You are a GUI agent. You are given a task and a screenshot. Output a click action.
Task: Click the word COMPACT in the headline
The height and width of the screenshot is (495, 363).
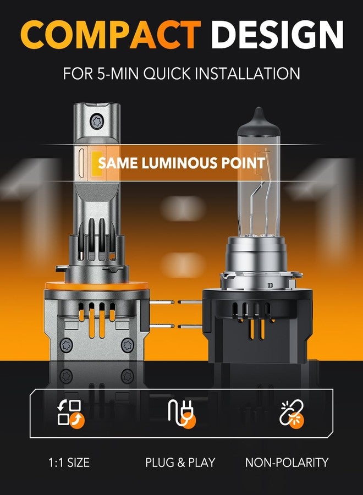tap(111, 34)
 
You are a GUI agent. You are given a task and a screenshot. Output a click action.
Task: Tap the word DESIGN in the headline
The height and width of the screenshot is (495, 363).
tap(277, 34)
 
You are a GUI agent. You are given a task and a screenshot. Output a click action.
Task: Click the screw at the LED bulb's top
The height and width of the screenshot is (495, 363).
tap(97, 121)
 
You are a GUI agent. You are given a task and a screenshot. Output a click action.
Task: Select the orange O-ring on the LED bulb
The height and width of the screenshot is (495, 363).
tap(97, 286)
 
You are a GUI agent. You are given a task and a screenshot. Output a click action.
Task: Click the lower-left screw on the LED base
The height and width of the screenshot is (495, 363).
tap(67, 345)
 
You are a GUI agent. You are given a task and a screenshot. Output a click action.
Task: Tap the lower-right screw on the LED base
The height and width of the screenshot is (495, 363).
tap(127, 344)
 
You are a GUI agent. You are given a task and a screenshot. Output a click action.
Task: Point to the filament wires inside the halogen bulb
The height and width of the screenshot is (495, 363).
tap(260, 202)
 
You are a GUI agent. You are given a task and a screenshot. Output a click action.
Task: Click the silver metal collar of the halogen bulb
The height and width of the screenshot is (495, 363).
tap(256, 262)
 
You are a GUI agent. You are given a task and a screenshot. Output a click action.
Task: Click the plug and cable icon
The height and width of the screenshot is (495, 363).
tap(182, 413)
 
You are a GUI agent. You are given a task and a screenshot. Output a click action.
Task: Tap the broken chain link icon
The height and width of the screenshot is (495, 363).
tap(291, 413)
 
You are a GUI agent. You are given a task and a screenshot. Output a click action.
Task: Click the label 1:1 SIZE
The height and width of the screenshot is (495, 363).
tap(69, 463)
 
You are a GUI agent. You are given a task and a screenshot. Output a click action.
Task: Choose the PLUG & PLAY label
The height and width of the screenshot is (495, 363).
tap(180, 463)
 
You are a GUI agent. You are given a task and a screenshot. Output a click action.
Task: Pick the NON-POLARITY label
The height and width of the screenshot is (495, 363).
tap(287, 463)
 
